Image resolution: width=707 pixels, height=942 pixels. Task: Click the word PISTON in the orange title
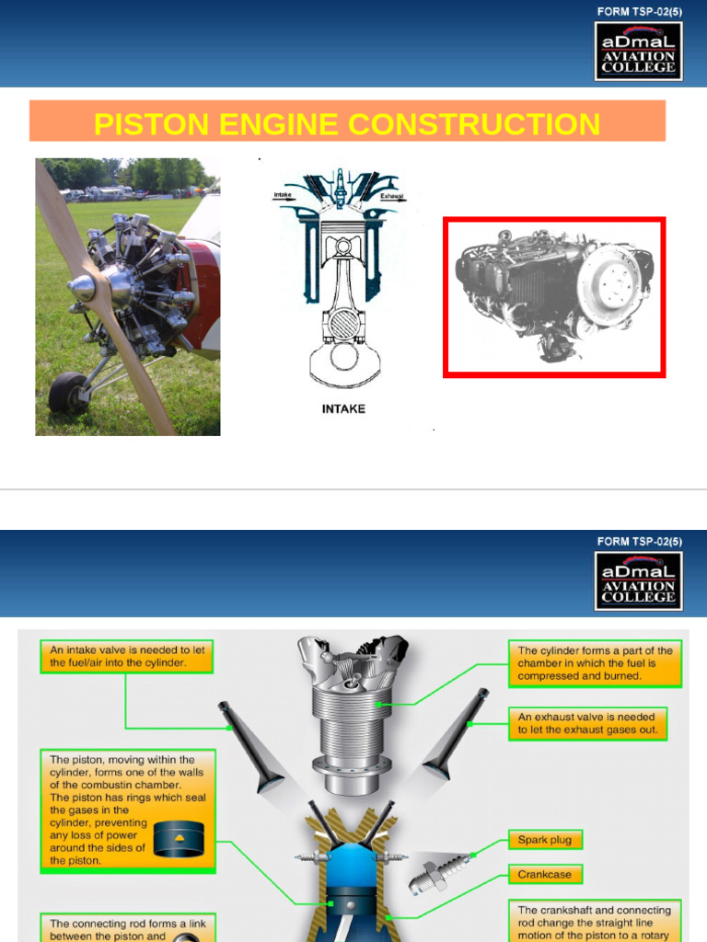click(154, 123)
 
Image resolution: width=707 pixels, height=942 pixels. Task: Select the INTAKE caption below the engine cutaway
click(343, 408)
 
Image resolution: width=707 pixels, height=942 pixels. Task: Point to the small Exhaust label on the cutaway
click(392, 197)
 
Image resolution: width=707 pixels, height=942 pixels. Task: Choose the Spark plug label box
click(545, 840)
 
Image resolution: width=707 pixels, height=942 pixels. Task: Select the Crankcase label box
click(545, 874)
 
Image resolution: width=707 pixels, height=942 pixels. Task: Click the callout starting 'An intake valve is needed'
click(127, 655)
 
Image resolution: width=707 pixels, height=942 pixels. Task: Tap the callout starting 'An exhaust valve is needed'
click(586, 724)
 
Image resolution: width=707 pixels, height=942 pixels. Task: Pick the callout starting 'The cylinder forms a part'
click(595, 663)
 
